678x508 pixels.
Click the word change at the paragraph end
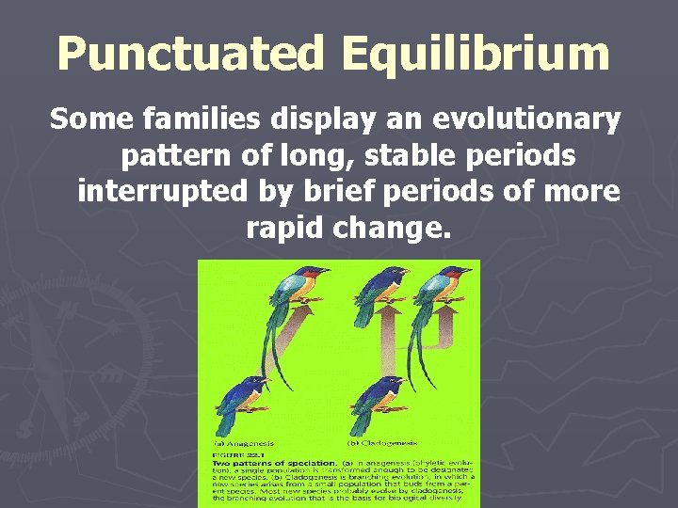pyautogui.click(x=388, y=227)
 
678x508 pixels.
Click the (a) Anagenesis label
pyautogui.click(x=244, y=442)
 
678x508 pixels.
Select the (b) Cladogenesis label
pyautogui.click(x=383, y=442)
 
